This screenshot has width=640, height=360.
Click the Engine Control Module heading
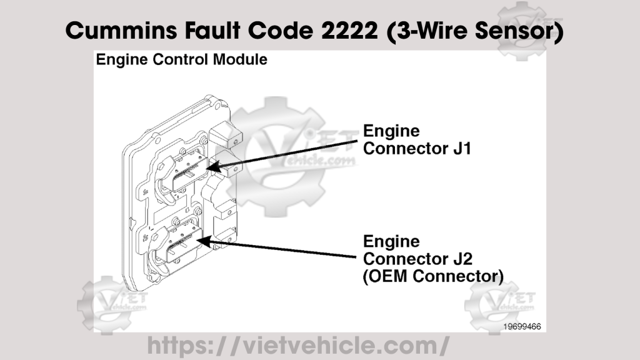click(x=181, y=60)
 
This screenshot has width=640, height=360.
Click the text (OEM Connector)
click(x=433, y=276)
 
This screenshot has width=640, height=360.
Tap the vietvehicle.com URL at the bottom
click(x=297, y=344)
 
